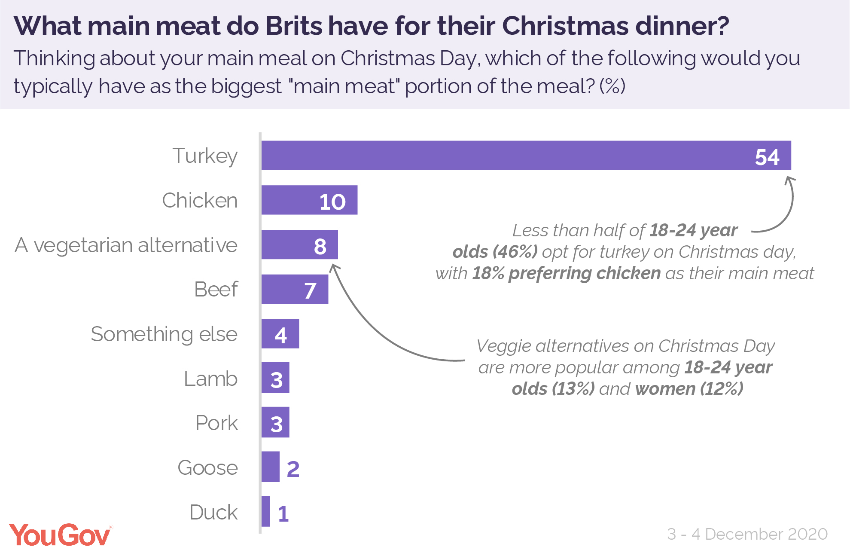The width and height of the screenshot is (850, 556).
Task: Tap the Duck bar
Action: point(266,511)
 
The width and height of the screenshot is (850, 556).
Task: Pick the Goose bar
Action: point(271,467)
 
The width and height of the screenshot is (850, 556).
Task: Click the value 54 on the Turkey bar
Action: point(767,157)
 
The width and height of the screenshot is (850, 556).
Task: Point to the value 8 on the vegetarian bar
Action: point(320,246)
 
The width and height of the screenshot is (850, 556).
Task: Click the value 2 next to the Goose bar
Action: point(293,469)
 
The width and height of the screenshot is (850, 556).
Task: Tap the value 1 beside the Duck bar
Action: point(283,513)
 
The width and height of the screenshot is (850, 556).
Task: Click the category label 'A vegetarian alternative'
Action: point(126,246)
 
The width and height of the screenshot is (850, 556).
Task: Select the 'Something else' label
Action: point(164,334)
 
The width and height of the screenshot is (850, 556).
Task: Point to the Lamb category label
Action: point(210,379)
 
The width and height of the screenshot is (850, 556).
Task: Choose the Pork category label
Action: point(216,423)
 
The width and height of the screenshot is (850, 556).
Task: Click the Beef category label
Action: point(216,290)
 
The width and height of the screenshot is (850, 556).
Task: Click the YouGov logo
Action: point(60,535)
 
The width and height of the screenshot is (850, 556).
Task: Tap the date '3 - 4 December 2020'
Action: point(747,534)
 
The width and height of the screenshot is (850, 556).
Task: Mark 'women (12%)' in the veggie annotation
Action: point(689,389)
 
